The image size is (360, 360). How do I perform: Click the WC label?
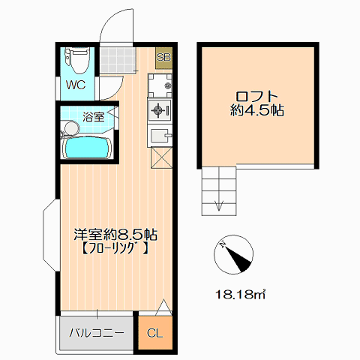[x=76, y=85]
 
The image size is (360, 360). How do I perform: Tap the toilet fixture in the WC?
[x=77, y=61]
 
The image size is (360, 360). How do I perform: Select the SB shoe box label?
[x=163, y=57]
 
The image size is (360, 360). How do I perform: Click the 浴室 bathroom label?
[x=94, y=117]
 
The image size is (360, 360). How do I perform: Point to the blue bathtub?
[x=86, y=148]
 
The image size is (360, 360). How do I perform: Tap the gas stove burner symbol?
[x=158, y=110]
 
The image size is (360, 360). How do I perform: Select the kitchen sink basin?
[x=160, y=136]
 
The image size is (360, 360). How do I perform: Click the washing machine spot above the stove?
[x=160, y=85]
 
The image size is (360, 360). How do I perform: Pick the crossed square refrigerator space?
[x=161, y=157]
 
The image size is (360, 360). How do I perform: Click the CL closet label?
[x=155, y=333]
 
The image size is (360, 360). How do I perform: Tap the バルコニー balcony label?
[x=97, y=333]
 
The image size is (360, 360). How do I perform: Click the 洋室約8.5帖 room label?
[x=115, y=235]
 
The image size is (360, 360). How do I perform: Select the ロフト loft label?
[x=257, y=96]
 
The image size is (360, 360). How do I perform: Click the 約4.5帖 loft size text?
[x=257, y=110]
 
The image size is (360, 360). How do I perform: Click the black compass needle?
[x=238, y=257]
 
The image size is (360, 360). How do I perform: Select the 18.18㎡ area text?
[x=240, y=295]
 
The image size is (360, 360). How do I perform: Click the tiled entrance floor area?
[x=118, y=60]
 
